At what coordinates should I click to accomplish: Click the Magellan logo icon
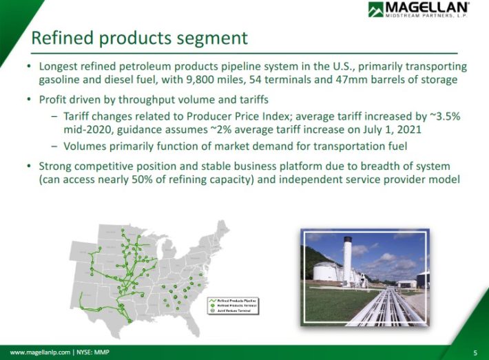tap(377, 10)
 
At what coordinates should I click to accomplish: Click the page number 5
tap(475, 353)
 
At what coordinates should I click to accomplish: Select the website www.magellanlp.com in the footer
tap(39, 353)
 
